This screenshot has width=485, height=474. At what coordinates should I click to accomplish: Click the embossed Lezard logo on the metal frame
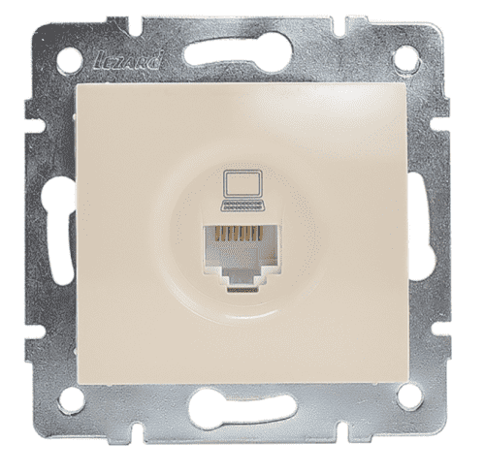click(128, 62)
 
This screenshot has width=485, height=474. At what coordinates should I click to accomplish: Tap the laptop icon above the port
click(242, 191)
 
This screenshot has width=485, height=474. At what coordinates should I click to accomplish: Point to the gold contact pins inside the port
click(240, 234)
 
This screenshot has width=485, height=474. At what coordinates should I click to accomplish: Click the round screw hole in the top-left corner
click(69, 60)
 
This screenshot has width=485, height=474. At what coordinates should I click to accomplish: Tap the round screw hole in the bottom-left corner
click(71, 399)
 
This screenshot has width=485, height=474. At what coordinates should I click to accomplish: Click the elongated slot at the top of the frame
click(239, 51)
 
